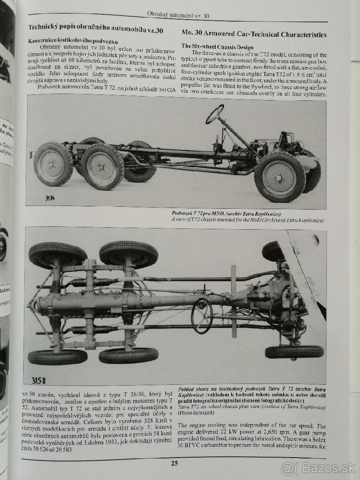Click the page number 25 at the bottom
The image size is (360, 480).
(x=174, y=464)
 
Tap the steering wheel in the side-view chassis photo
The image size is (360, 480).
(x=215, y=114)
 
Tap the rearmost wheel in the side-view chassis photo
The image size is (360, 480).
(x=53, y=164)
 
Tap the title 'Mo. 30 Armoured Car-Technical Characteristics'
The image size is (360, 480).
(x=254, y=34)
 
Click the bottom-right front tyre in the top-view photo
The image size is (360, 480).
(x=294, y=351)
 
